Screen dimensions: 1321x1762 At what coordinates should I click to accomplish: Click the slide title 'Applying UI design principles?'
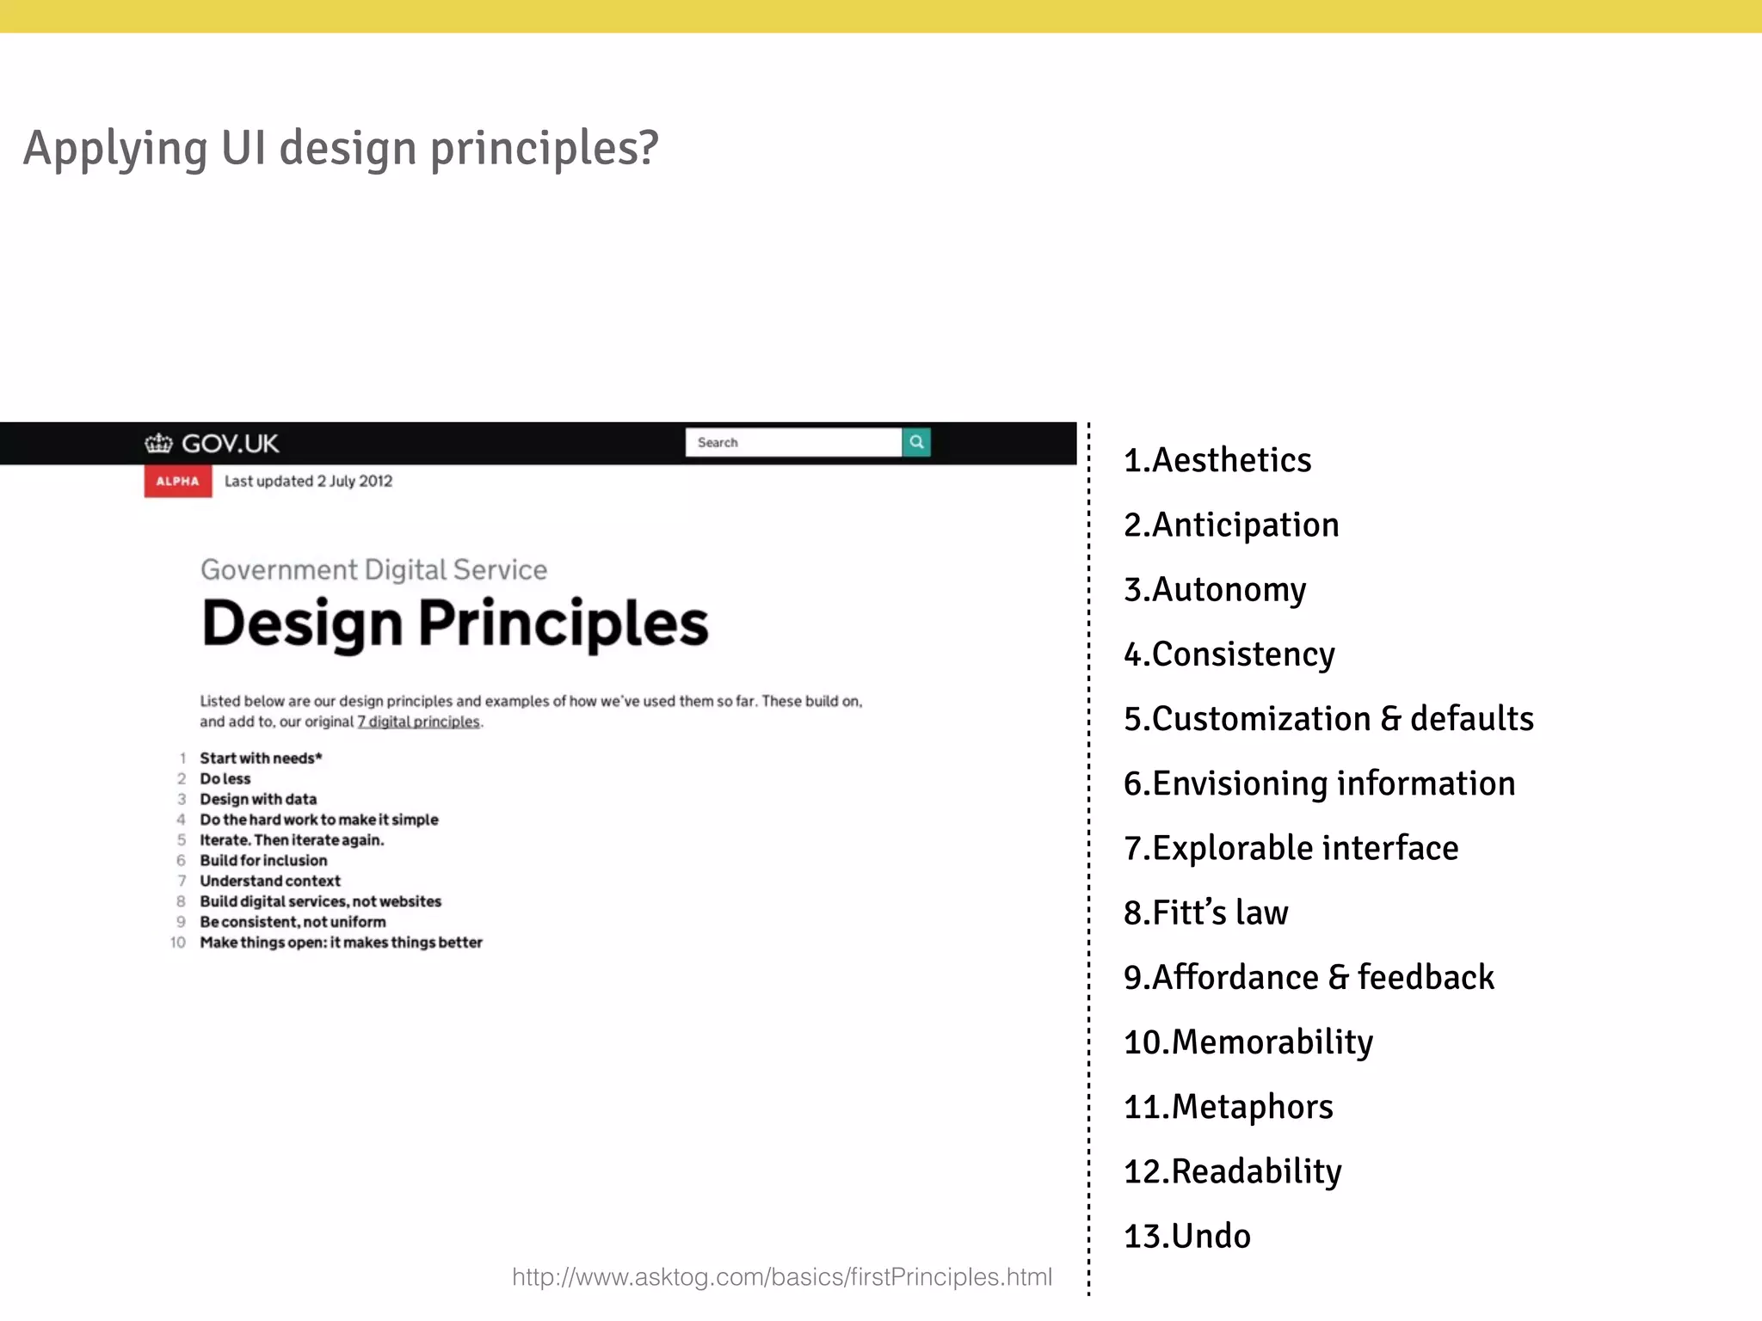pos(341,148)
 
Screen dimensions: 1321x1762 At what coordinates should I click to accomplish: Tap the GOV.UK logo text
pos(230,444)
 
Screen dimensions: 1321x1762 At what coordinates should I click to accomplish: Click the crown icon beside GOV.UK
pos(158,444)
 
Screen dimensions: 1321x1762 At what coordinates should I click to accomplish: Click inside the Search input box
pos(792,442)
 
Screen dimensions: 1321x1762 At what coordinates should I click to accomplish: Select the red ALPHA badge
pos(177,482)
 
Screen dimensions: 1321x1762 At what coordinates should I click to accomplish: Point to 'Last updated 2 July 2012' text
pos(308,482)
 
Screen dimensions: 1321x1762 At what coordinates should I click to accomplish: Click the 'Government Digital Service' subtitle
pos(373,569)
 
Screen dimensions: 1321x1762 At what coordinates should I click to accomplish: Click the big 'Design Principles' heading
pos(454,624)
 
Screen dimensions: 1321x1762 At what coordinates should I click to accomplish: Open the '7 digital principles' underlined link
pos(419,722)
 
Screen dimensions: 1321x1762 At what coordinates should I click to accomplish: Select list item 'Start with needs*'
pos(261,759)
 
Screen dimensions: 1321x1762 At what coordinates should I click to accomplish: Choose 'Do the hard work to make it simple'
pos(319,820)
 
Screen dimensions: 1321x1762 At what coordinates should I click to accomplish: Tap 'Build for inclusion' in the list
pos(263,861)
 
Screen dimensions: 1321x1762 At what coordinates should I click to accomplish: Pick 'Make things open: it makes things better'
pos(341,943)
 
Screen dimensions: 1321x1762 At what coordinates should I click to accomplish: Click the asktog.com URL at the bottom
pos(781,1277)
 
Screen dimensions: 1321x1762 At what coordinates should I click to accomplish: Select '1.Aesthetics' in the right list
pos(1217,460)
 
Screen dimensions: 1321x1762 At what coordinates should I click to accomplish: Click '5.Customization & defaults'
pos(1328,719)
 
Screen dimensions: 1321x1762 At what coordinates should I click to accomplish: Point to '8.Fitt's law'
pos(1205,912)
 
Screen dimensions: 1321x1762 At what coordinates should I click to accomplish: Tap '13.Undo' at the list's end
pos(1186,1236)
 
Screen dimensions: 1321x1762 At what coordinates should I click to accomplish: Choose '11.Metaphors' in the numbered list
pos(1228,1107)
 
